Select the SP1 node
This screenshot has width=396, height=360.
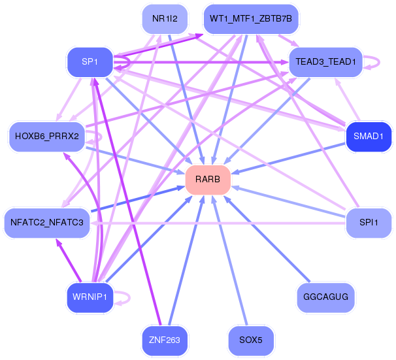90,62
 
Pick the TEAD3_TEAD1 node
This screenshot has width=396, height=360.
325,62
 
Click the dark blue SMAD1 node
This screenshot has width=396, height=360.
368,137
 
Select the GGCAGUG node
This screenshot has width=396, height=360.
325,297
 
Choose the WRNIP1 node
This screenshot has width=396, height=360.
90,297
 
